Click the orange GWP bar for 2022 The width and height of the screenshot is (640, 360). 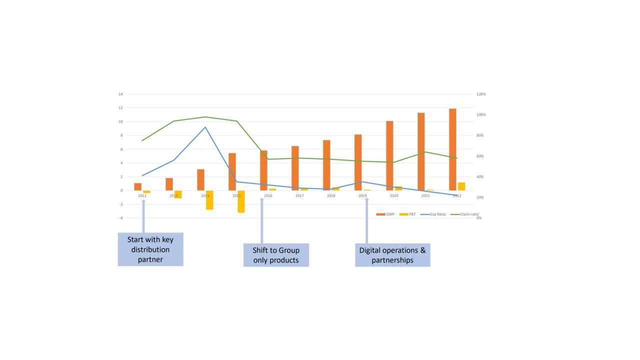(452, 149)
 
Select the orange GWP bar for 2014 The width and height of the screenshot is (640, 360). (200, 180)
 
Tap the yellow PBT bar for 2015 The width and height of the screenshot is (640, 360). (241, 201)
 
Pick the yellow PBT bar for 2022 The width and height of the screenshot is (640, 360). (461, 186)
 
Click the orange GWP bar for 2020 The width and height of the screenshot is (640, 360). (389, 155)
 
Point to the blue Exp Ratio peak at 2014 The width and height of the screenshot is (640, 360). (205, 127)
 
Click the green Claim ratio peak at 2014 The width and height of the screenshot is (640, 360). (205, 117)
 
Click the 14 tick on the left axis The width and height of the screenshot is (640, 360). (120, 94)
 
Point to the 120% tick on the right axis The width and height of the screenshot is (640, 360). (481, 94)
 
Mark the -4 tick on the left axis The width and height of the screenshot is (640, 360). (120, 218)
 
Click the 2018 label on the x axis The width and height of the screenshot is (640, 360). (331, 196)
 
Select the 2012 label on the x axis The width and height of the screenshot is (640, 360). (142, 196)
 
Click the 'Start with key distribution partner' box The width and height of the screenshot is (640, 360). (150, 249)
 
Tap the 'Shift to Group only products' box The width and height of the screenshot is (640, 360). (276, 254)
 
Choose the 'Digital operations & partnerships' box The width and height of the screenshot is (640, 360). (392, 254)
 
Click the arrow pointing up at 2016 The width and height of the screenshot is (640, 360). (261, 220)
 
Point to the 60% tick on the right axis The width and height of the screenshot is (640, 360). (480, 156)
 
